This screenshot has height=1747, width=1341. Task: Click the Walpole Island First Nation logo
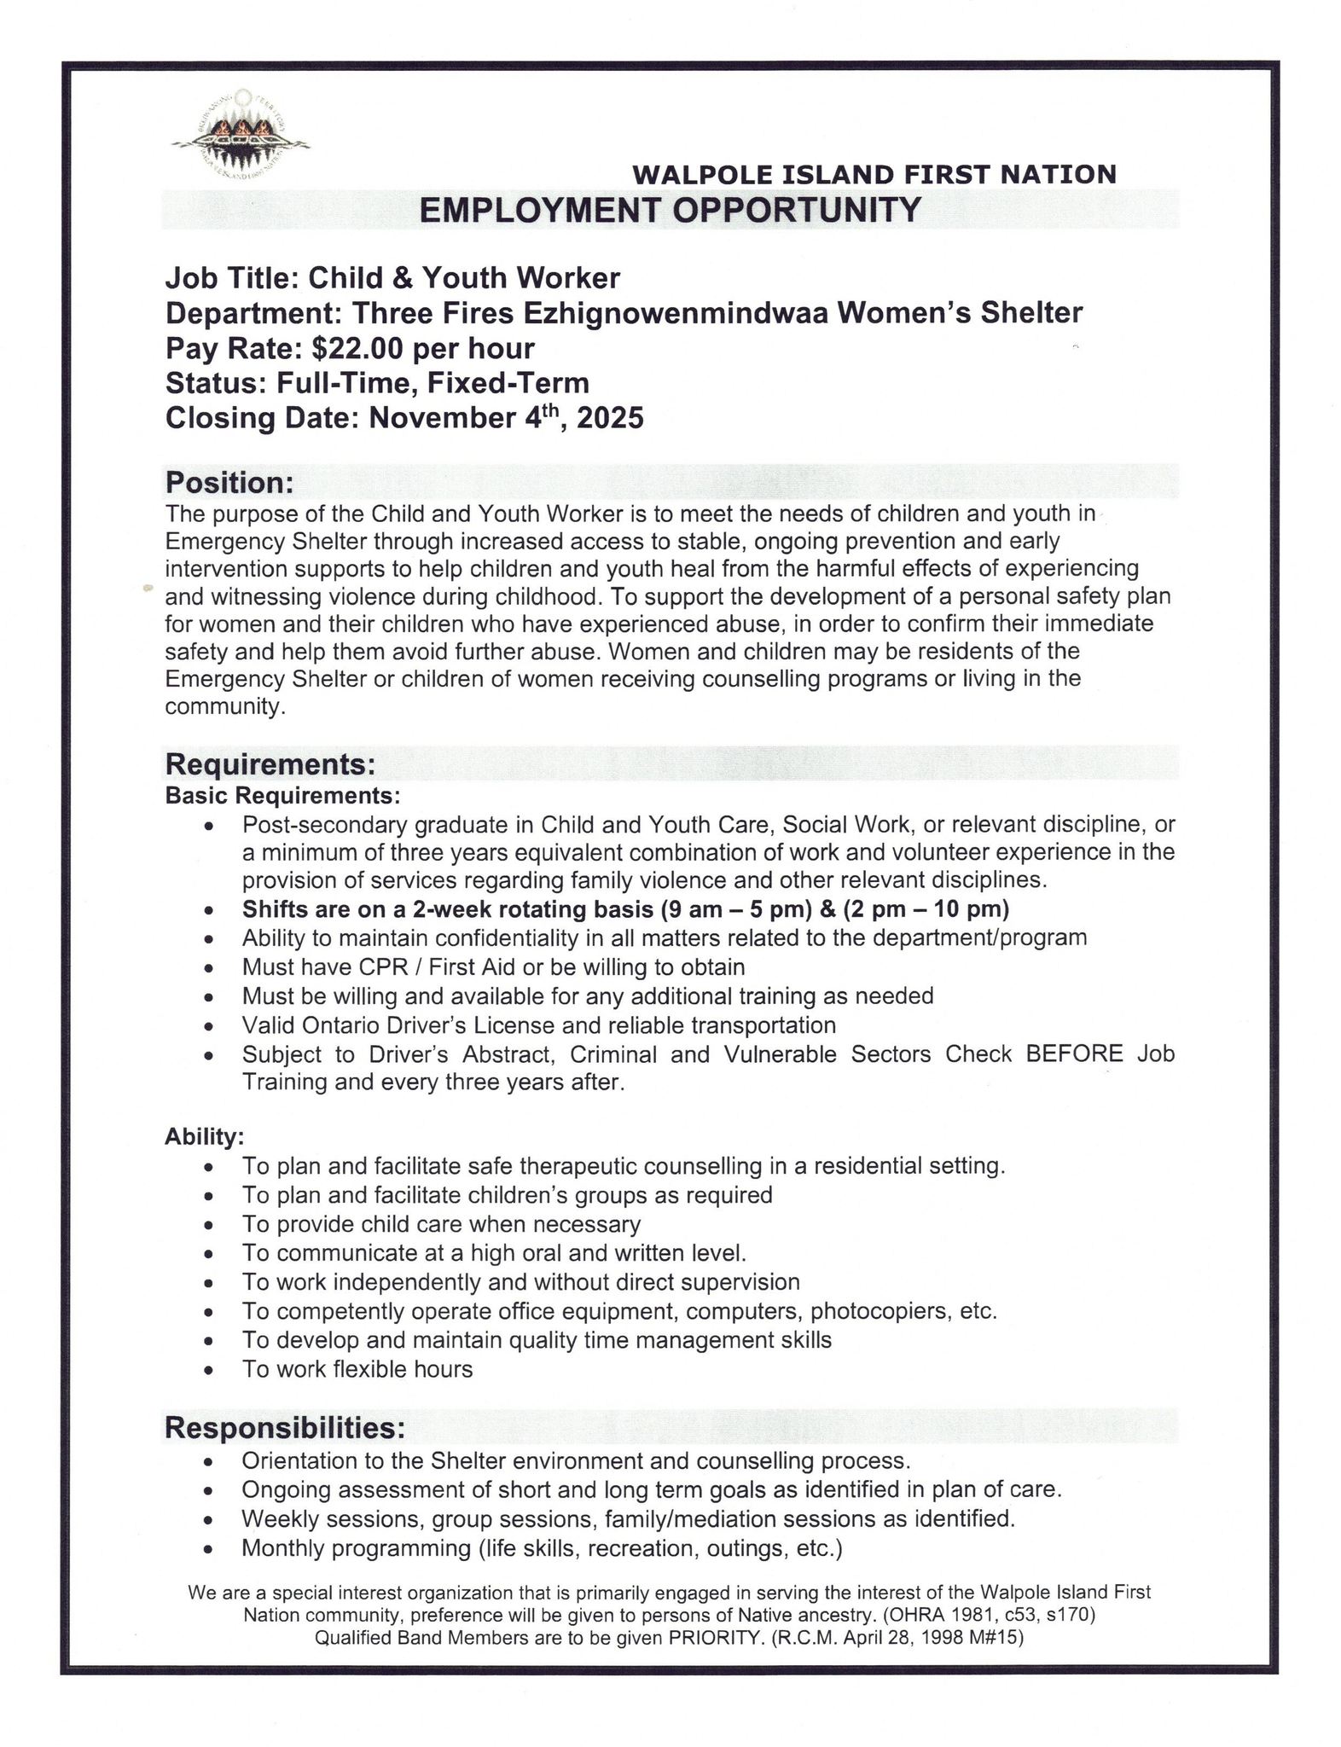(x=241, y=133)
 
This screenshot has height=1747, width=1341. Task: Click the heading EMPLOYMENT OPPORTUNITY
(x=670, y=210)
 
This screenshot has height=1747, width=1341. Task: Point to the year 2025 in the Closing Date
(x=611, y=419)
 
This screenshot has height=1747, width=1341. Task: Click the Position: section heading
(x=229, y=483)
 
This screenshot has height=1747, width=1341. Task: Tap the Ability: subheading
(x=204, y=1137)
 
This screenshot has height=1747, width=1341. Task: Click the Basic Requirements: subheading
(x=282, y=796)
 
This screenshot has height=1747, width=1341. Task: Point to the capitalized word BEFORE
(x=1074, y=1054)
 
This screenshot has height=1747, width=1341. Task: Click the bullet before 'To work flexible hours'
(x=207, y=1371)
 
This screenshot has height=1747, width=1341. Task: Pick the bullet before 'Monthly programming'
(x=207, y=1549)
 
